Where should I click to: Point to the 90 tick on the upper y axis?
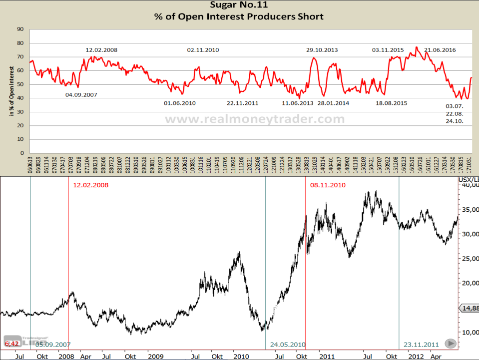coord(20,29)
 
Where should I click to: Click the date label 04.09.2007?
coord(81,94)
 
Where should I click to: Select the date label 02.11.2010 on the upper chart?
coord(203,50)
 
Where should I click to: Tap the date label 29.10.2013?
coord(322,50)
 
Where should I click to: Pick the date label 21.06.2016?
coord(440,50)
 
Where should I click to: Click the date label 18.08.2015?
coord(391,103)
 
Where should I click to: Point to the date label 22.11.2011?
coord(242,103)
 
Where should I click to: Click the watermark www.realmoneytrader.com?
coord(255,119)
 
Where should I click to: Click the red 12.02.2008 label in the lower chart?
coord(90,185)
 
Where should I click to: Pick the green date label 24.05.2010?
coord(287,345)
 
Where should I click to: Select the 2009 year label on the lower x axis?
coord(155,357)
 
